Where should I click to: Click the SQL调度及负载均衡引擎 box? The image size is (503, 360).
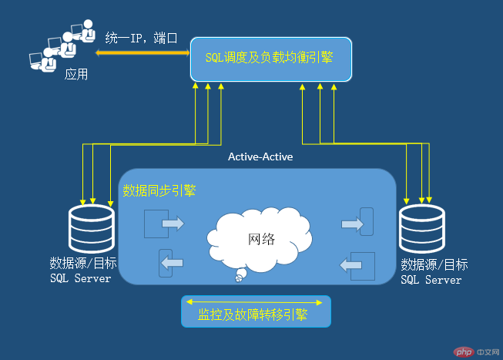(x=271, y=59)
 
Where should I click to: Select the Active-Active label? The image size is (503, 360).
(x=260, y=156)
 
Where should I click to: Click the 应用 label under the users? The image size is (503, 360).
(x=75, y=75)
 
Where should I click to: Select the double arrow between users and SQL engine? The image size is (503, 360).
(x=143, y=53)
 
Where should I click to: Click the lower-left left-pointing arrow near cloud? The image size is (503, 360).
(x=171, y=263)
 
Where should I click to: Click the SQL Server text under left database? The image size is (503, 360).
(x=80, y=278)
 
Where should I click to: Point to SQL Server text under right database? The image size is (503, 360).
(x=431, y=280)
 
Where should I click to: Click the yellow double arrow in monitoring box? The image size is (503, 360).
(x=255, y=301)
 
